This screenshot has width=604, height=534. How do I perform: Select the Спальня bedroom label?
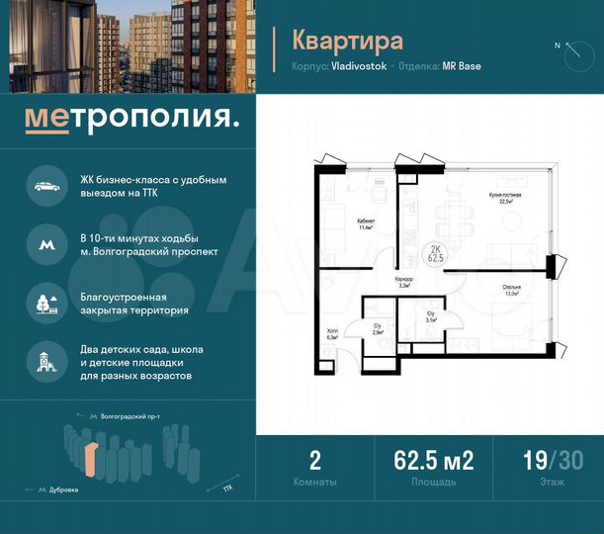click(x=510, y=289)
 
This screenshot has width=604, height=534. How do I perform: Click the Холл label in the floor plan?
click(x=332, y=334)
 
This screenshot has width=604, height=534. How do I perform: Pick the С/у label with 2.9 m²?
click(x=378, y=329)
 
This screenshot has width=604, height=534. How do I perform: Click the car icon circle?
click(x=44, y=186)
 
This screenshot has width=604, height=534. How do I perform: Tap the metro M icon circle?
click(x=44, y=243)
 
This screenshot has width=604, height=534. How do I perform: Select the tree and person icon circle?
click(x=44, y=303)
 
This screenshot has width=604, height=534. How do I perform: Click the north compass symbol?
click(x=570, y=52)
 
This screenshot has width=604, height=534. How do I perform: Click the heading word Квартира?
click(x=347, y=41)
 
